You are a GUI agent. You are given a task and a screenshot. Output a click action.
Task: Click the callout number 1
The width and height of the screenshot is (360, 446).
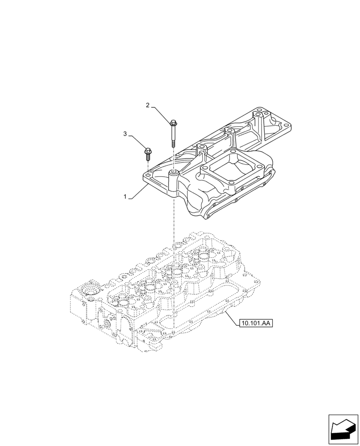126,197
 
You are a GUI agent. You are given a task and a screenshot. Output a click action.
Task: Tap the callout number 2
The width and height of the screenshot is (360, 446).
148,105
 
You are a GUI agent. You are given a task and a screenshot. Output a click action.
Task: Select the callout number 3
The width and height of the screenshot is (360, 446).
126,133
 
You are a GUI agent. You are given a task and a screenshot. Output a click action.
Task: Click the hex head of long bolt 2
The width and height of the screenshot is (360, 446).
173,122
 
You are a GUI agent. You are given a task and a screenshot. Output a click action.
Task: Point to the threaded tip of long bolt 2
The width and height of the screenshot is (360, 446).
173,143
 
